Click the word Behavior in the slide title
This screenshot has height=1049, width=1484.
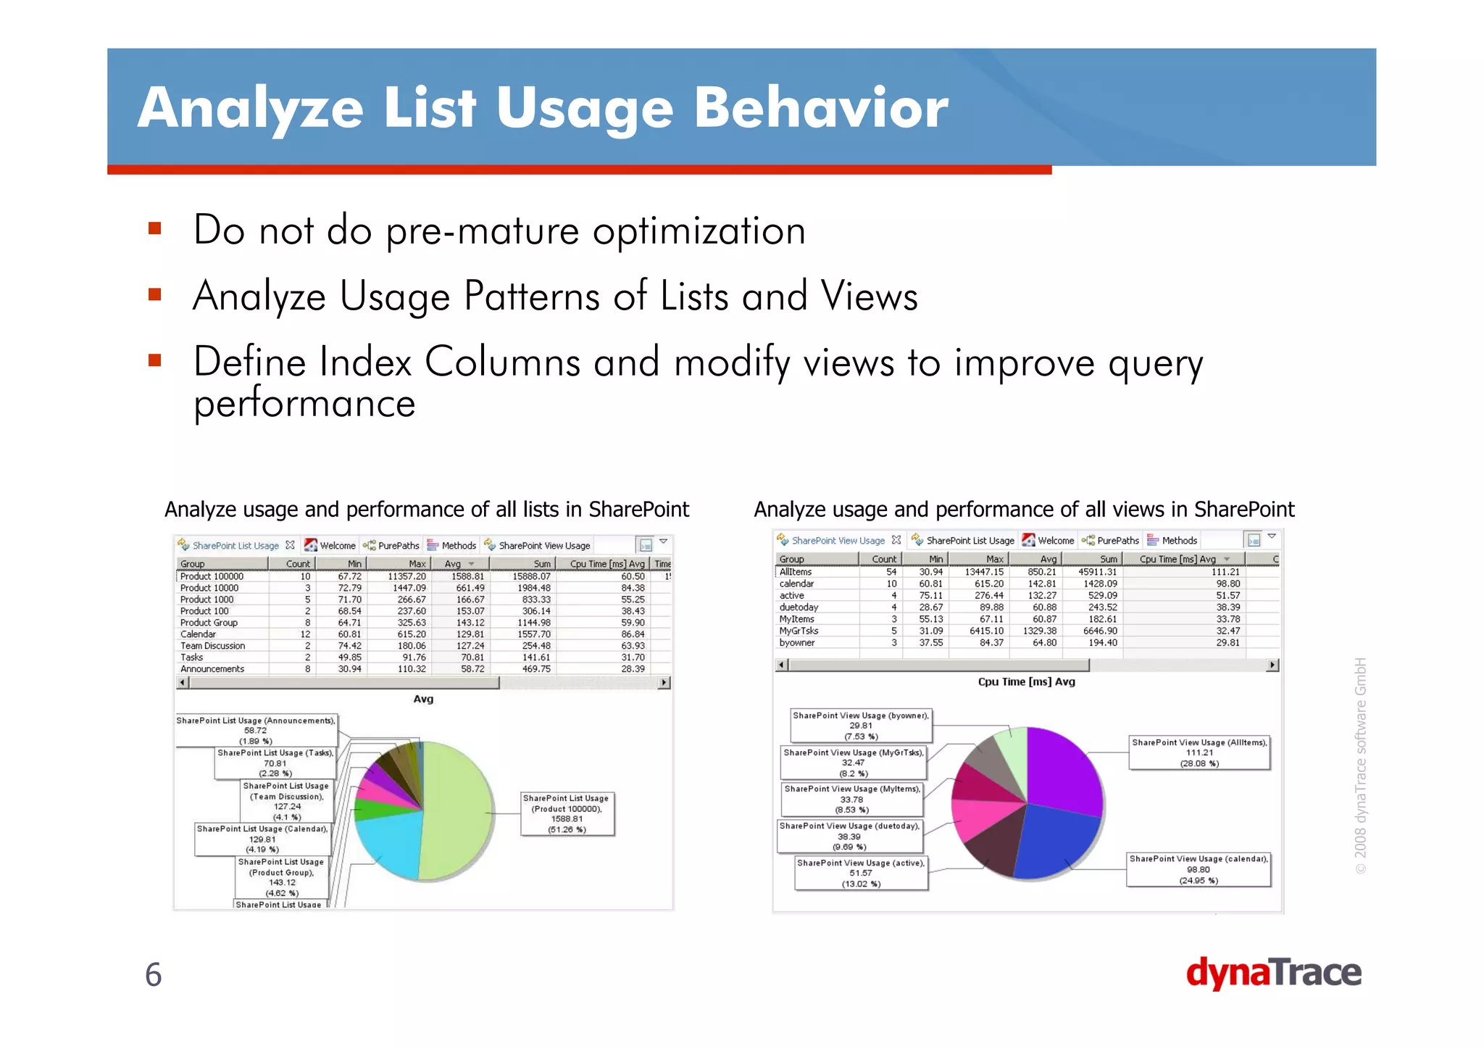821,107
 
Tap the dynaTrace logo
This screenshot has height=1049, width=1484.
1273,973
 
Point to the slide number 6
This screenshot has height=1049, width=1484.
153,974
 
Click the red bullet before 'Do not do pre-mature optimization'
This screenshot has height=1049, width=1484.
154,229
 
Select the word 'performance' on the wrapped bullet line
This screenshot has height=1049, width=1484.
304,403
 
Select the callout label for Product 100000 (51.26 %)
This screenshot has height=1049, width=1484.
567,813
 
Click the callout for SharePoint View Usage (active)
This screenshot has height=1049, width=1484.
861,873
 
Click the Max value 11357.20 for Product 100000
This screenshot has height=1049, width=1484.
407,576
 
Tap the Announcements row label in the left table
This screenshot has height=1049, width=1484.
212,669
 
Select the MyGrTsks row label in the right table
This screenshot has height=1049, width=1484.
799,631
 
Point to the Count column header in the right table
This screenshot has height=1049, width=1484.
883,559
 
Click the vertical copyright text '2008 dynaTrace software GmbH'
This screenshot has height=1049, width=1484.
1361,765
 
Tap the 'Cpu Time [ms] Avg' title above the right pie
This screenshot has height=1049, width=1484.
1026,681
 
